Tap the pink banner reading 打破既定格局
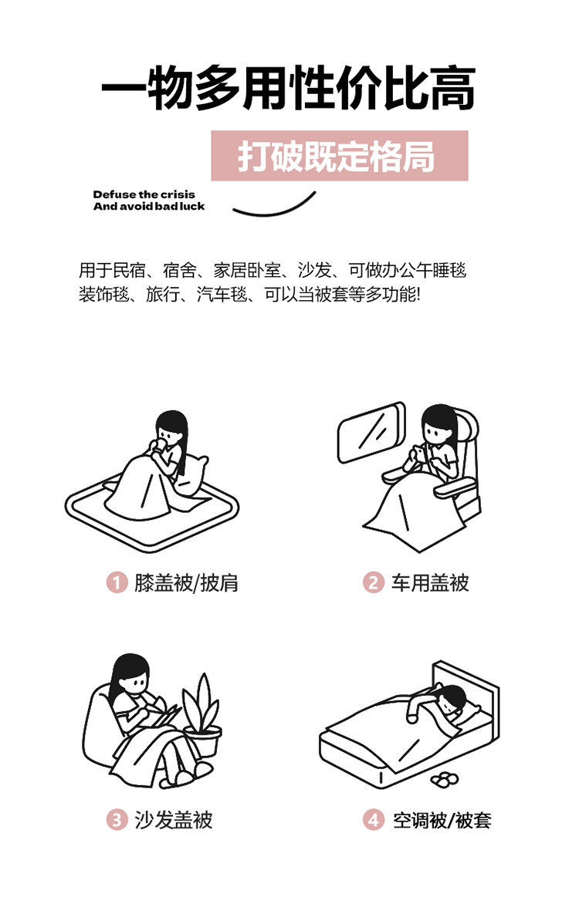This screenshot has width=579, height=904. click(340, 156)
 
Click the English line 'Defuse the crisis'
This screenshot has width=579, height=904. click(144, 194)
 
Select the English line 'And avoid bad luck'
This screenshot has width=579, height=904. click(149, 206)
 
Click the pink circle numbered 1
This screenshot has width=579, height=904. click(117, 582)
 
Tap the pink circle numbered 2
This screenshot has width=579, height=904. click(373, 582)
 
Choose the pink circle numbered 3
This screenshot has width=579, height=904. click(117, 819)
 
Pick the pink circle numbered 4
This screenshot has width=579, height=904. click(373, 819)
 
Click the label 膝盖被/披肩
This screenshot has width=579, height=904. click(186, 583)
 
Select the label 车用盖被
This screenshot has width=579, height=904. click(430, 583)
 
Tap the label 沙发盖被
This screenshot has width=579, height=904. click(173, 820)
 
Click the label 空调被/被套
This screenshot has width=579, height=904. click(442, 820)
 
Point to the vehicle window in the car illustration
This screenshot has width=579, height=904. click(371, 432)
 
